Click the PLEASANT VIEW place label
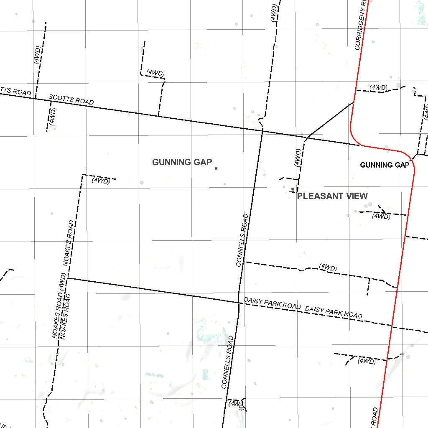[x=332, y=196]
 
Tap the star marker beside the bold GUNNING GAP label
[x=216, y=168]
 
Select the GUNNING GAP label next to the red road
[x=384, y=165]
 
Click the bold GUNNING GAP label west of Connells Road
[x=182, y=162]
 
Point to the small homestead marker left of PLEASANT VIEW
[x=292, y=190]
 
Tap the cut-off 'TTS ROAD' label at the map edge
[x=15, y=91]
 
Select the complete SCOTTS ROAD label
[x=71, y=99]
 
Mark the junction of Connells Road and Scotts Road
[x=262, y=130]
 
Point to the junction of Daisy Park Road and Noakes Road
[x=68, y=278]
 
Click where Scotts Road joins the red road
[x=359, y=145]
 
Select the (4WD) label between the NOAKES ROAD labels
[x=62, y=282]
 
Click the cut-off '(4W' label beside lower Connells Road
[x=234, y=404]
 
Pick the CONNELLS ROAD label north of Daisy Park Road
[x=242, y=240]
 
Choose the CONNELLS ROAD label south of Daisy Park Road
[x=227, y=362]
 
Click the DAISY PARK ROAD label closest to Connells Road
[x=272, y=303]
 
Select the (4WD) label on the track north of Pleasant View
[x=298, y=158]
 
